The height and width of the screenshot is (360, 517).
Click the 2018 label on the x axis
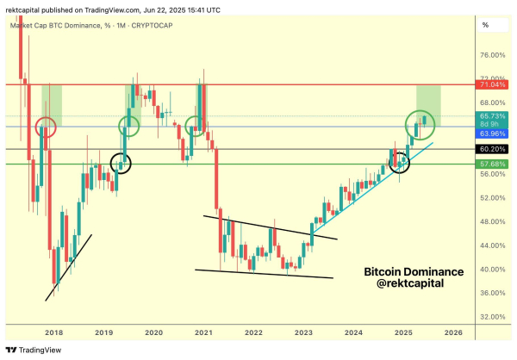click(53, 332)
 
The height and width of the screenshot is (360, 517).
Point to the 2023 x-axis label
click(303, 332)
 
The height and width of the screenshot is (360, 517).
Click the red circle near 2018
click(46, 128)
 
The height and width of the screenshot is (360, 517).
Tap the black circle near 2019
click(121, 162)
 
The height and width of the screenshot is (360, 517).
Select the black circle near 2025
click(399, 161)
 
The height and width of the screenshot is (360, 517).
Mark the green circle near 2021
click(196, 127)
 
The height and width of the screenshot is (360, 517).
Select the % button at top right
click(485, 25)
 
